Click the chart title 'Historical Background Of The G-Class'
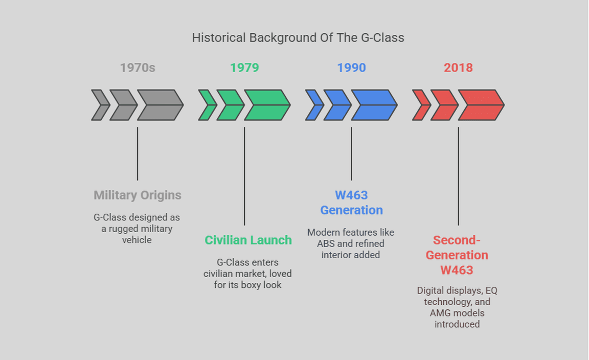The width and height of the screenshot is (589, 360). [x=298, y=38]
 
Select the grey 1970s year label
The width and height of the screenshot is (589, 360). [x=138, y=67]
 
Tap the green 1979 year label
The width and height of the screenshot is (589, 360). [x=244, y=67]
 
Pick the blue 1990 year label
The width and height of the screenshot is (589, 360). [x=351, y=67]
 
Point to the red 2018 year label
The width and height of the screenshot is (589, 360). [x=458, y=67]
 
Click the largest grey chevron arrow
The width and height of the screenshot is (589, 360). [x=160, y=105]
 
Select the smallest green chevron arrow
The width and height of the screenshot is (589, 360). [x=207, y=105]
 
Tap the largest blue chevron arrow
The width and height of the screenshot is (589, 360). [x=374, y=105]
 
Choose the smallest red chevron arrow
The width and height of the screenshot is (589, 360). [x=420, y=105]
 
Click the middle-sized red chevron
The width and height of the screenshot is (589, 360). [x=444, y=105]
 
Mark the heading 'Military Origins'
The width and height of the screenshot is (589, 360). [x=138, y=195]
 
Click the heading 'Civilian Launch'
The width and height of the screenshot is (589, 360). [x=248, y=240]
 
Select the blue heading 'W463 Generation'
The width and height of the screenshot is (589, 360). [x=351, y=202]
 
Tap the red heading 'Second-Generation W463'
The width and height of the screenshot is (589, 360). [x=457, y=255]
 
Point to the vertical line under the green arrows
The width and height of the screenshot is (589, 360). [x=244, y=176]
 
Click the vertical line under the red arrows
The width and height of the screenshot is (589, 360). [x=458, y=176]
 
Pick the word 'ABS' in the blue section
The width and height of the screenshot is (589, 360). [x=326, y=243]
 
